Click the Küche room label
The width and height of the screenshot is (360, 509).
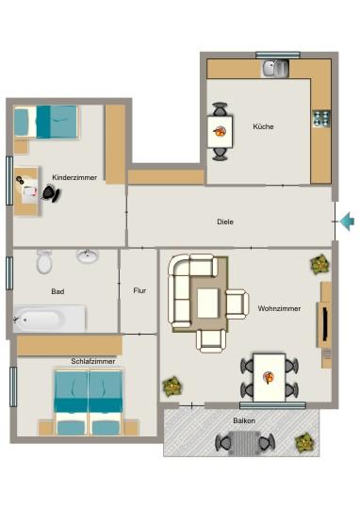(263, 126)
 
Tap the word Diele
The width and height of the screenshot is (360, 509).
(225, 222)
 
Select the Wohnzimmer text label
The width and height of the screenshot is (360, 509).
(279, 308)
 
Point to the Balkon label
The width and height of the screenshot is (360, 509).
(244, 420)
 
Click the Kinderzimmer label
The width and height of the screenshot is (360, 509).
(74, 177)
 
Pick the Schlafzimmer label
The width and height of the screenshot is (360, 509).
(93, 361)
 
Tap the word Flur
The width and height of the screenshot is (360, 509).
(139, 290)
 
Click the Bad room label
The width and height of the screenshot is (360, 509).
(57, 291)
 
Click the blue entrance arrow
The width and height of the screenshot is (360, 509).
(347, 222)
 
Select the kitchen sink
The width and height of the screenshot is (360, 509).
(275, 69)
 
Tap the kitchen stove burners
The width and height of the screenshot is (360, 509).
(321, 118)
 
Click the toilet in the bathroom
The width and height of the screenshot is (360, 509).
(44, 261)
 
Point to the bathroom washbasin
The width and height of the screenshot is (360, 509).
(87, 255)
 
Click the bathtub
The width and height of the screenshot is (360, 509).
(50, 319)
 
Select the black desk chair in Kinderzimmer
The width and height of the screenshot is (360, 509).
(51, 193)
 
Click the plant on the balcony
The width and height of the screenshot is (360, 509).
(304, 442)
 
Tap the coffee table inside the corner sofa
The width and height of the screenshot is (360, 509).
(207, 304)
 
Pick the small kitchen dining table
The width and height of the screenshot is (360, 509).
(221, 131)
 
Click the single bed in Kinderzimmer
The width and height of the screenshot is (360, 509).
(46, 122)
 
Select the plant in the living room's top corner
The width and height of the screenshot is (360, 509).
(320, 265)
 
